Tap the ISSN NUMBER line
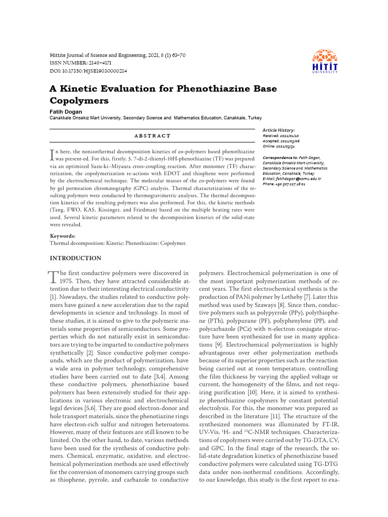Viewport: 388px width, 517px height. click(80, 63)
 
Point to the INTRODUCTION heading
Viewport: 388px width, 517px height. click(75, 258)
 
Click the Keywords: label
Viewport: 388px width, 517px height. click(62, 236)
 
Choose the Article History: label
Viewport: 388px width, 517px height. click(279, 130)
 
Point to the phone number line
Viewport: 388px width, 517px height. click(283, 184)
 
